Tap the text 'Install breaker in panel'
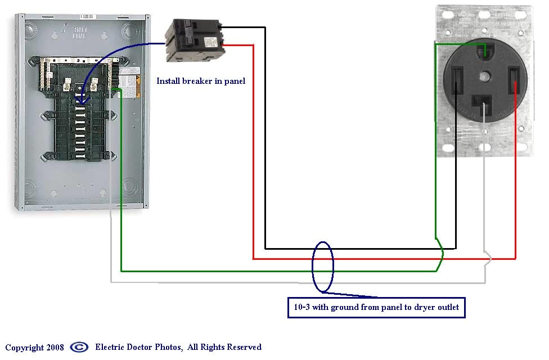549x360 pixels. [x=201, y=81]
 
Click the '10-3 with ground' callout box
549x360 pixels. [x=376, y=307]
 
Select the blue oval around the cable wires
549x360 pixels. [x=323, y=267]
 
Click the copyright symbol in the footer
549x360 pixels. [x=79, y=347]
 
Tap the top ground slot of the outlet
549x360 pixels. [x=484, y=52]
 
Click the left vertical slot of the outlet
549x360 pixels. [x=456, y=81]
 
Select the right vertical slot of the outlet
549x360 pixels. [x=514, y=81]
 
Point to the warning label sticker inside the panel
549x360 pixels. [x=129, y=82]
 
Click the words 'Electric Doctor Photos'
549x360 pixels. [x=138, y=347]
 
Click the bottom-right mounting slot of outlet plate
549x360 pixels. [x=523, y=148]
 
